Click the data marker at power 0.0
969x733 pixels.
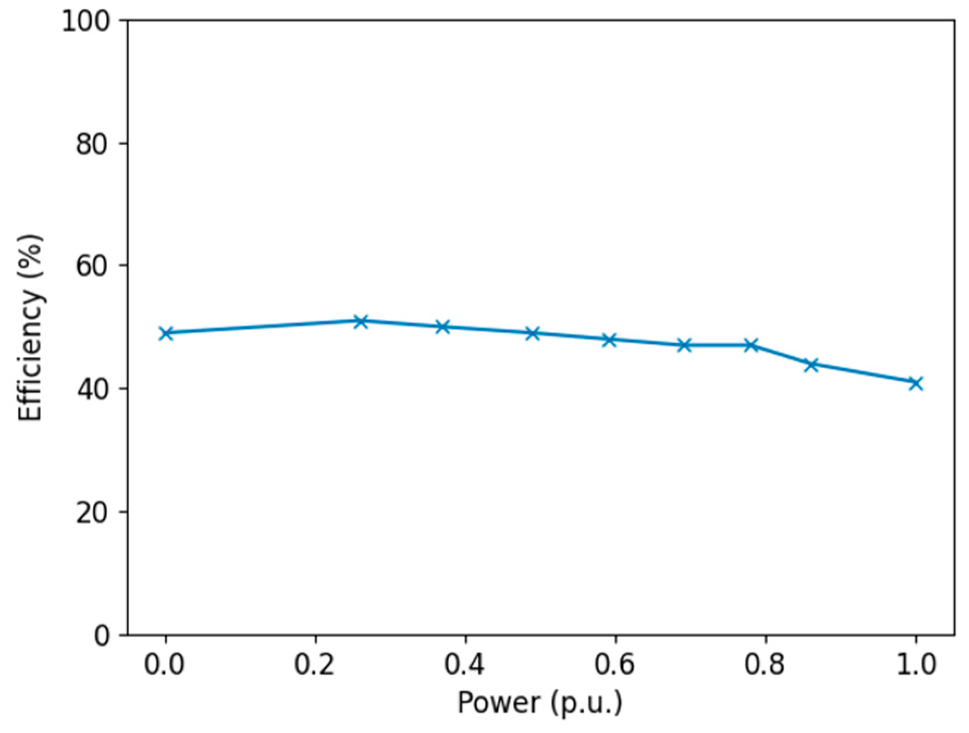pyautogui.click(x=166, y=333)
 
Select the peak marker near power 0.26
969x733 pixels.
pyautogui.click(x=361, y=321)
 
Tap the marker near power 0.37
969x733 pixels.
pyautogui.click(x=443, y=327)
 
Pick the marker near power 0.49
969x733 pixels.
pyautogui.click(x=533, y=333)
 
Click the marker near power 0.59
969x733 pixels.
pyautogui.click(x=609, y=340)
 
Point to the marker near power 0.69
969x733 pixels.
pyautogui.click(x=684, y=345)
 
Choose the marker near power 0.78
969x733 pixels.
pyautogui.click(x=751, y=345)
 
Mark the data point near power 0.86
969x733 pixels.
pyautogui.click(x=811, y=364)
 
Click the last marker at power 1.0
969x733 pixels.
pyautogui.click(x=916, y=383)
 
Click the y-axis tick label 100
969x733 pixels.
pyautogui.click(x=85, y=22)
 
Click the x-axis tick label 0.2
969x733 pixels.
pyautogui.click(x=314, y=664)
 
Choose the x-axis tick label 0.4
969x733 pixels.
pyautogui.click(x=465, y=664)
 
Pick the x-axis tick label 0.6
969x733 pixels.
pyautogui.click(x=615, y=664)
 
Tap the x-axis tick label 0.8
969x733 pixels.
pyautogui.click(x=765, y=664)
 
